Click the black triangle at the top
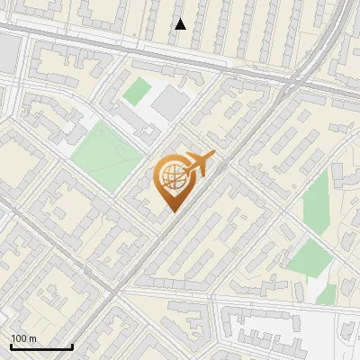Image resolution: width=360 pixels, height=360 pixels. (181, 23)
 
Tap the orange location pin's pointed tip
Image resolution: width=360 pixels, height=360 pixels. (173, 211)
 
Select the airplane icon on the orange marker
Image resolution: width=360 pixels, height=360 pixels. (199, 164)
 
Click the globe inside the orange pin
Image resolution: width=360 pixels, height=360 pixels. (172, 177)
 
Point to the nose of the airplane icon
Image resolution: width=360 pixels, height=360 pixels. (213, 157)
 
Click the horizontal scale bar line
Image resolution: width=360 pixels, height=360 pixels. (41, 347)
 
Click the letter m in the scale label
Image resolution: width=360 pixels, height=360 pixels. (32, 338)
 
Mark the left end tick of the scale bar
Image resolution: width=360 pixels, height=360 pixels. (11, 346)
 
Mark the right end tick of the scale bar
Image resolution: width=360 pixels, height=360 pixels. (72, 346)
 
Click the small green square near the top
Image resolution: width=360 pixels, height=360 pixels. (137, 91)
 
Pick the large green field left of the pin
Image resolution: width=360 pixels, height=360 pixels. (106, 154)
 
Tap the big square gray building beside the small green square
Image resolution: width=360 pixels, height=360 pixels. (170, 103)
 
